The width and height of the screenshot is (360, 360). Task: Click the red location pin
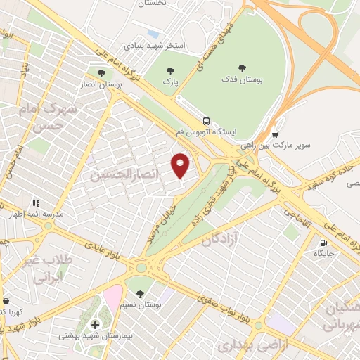[x=181, y=165]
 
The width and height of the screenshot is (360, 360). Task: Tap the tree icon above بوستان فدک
[x=242, y=69]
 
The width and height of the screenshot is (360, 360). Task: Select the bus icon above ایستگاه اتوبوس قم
[x=206, y=120]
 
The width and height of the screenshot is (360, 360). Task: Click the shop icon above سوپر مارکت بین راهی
[x=275, y=134]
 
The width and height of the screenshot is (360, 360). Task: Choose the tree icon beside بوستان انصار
[x=101, y=72]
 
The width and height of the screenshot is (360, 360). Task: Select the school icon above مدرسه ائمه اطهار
[x=35, y=203]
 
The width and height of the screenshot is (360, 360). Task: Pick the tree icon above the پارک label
[x=169, y=70]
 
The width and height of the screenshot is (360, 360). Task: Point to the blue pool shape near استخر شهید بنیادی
[x=153, y=33]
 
